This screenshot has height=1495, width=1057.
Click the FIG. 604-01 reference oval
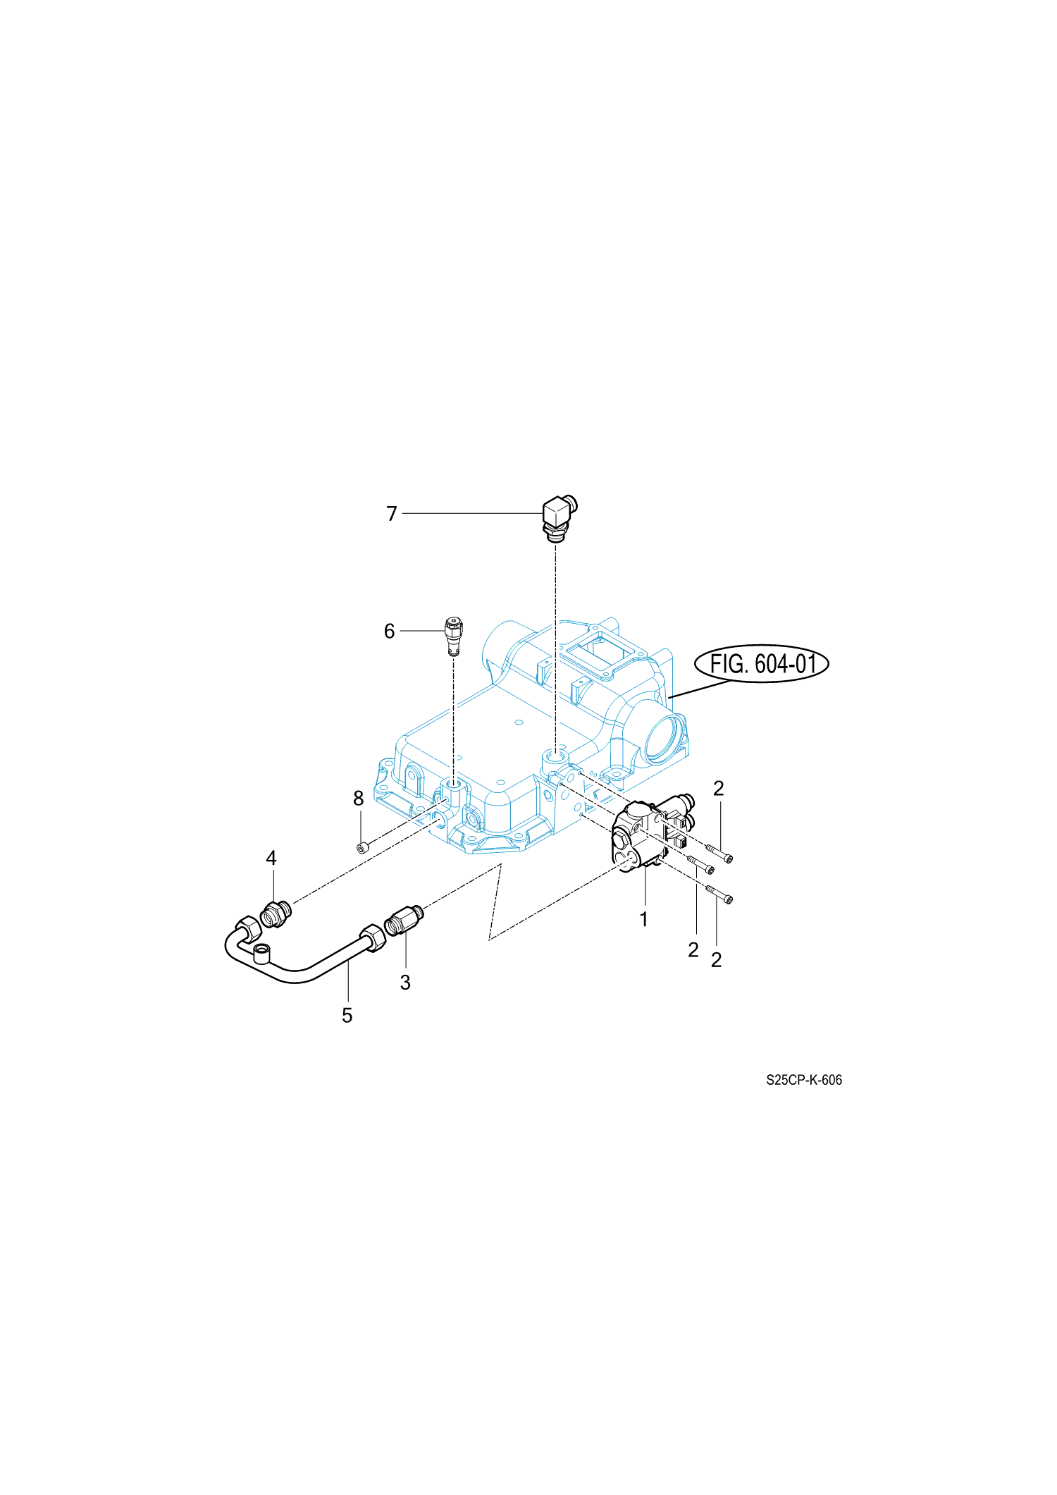(x=761, y=663)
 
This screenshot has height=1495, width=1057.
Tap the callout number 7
(x=392, y=514)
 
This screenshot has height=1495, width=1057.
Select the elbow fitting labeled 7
(x=560, y=519)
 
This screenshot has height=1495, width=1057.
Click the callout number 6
(x=389, y=631)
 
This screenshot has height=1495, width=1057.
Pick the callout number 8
(x=358, y=798)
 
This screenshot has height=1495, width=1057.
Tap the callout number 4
(x=271, y=858)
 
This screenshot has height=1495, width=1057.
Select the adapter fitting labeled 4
(x=275, y=914)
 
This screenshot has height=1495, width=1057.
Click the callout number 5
(x=347, y=1016)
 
